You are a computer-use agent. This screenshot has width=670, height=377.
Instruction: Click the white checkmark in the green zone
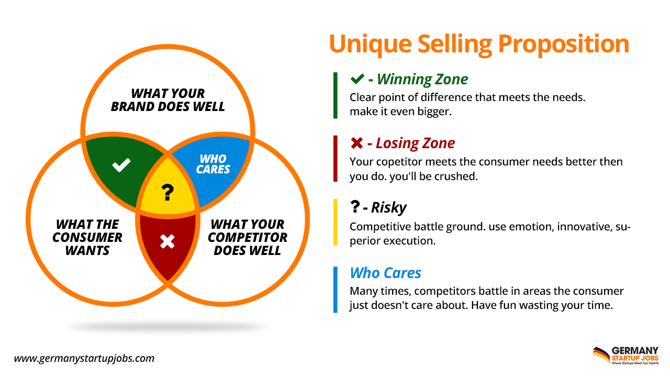point(121,166)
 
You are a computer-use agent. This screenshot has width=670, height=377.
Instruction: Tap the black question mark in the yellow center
point(167,193)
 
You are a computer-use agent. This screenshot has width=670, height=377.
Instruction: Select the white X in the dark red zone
point(167,241)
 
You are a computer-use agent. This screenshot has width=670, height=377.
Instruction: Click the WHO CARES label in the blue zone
point(213,164)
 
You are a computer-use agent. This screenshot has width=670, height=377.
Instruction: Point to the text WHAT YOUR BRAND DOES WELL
point(167,100)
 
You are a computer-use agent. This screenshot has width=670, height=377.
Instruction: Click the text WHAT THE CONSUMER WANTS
point(87,237)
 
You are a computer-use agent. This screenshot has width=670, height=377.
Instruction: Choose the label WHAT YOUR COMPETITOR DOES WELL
point(248,237)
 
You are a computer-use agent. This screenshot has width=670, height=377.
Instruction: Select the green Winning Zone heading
point(422,79)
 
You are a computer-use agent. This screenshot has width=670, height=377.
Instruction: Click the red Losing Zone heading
point(415,143)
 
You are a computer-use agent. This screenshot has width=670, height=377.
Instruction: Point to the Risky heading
point(388,207)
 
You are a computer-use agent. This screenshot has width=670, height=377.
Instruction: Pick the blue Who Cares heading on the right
point(385,273)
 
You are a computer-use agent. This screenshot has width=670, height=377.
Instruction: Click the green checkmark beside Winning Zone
point(357,79)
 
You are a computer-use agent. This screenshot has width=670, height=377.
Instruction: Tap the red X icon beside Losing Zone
point(356,143)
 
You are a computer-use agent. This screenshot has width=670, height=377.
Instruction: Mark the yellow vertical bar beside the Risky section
point(336,222)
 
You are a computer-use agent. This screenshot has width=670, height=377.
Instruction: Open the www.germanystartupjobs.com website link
point(84,359)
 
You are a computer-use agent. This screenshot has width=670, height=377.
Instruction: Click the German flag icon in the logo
point(601,354)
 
